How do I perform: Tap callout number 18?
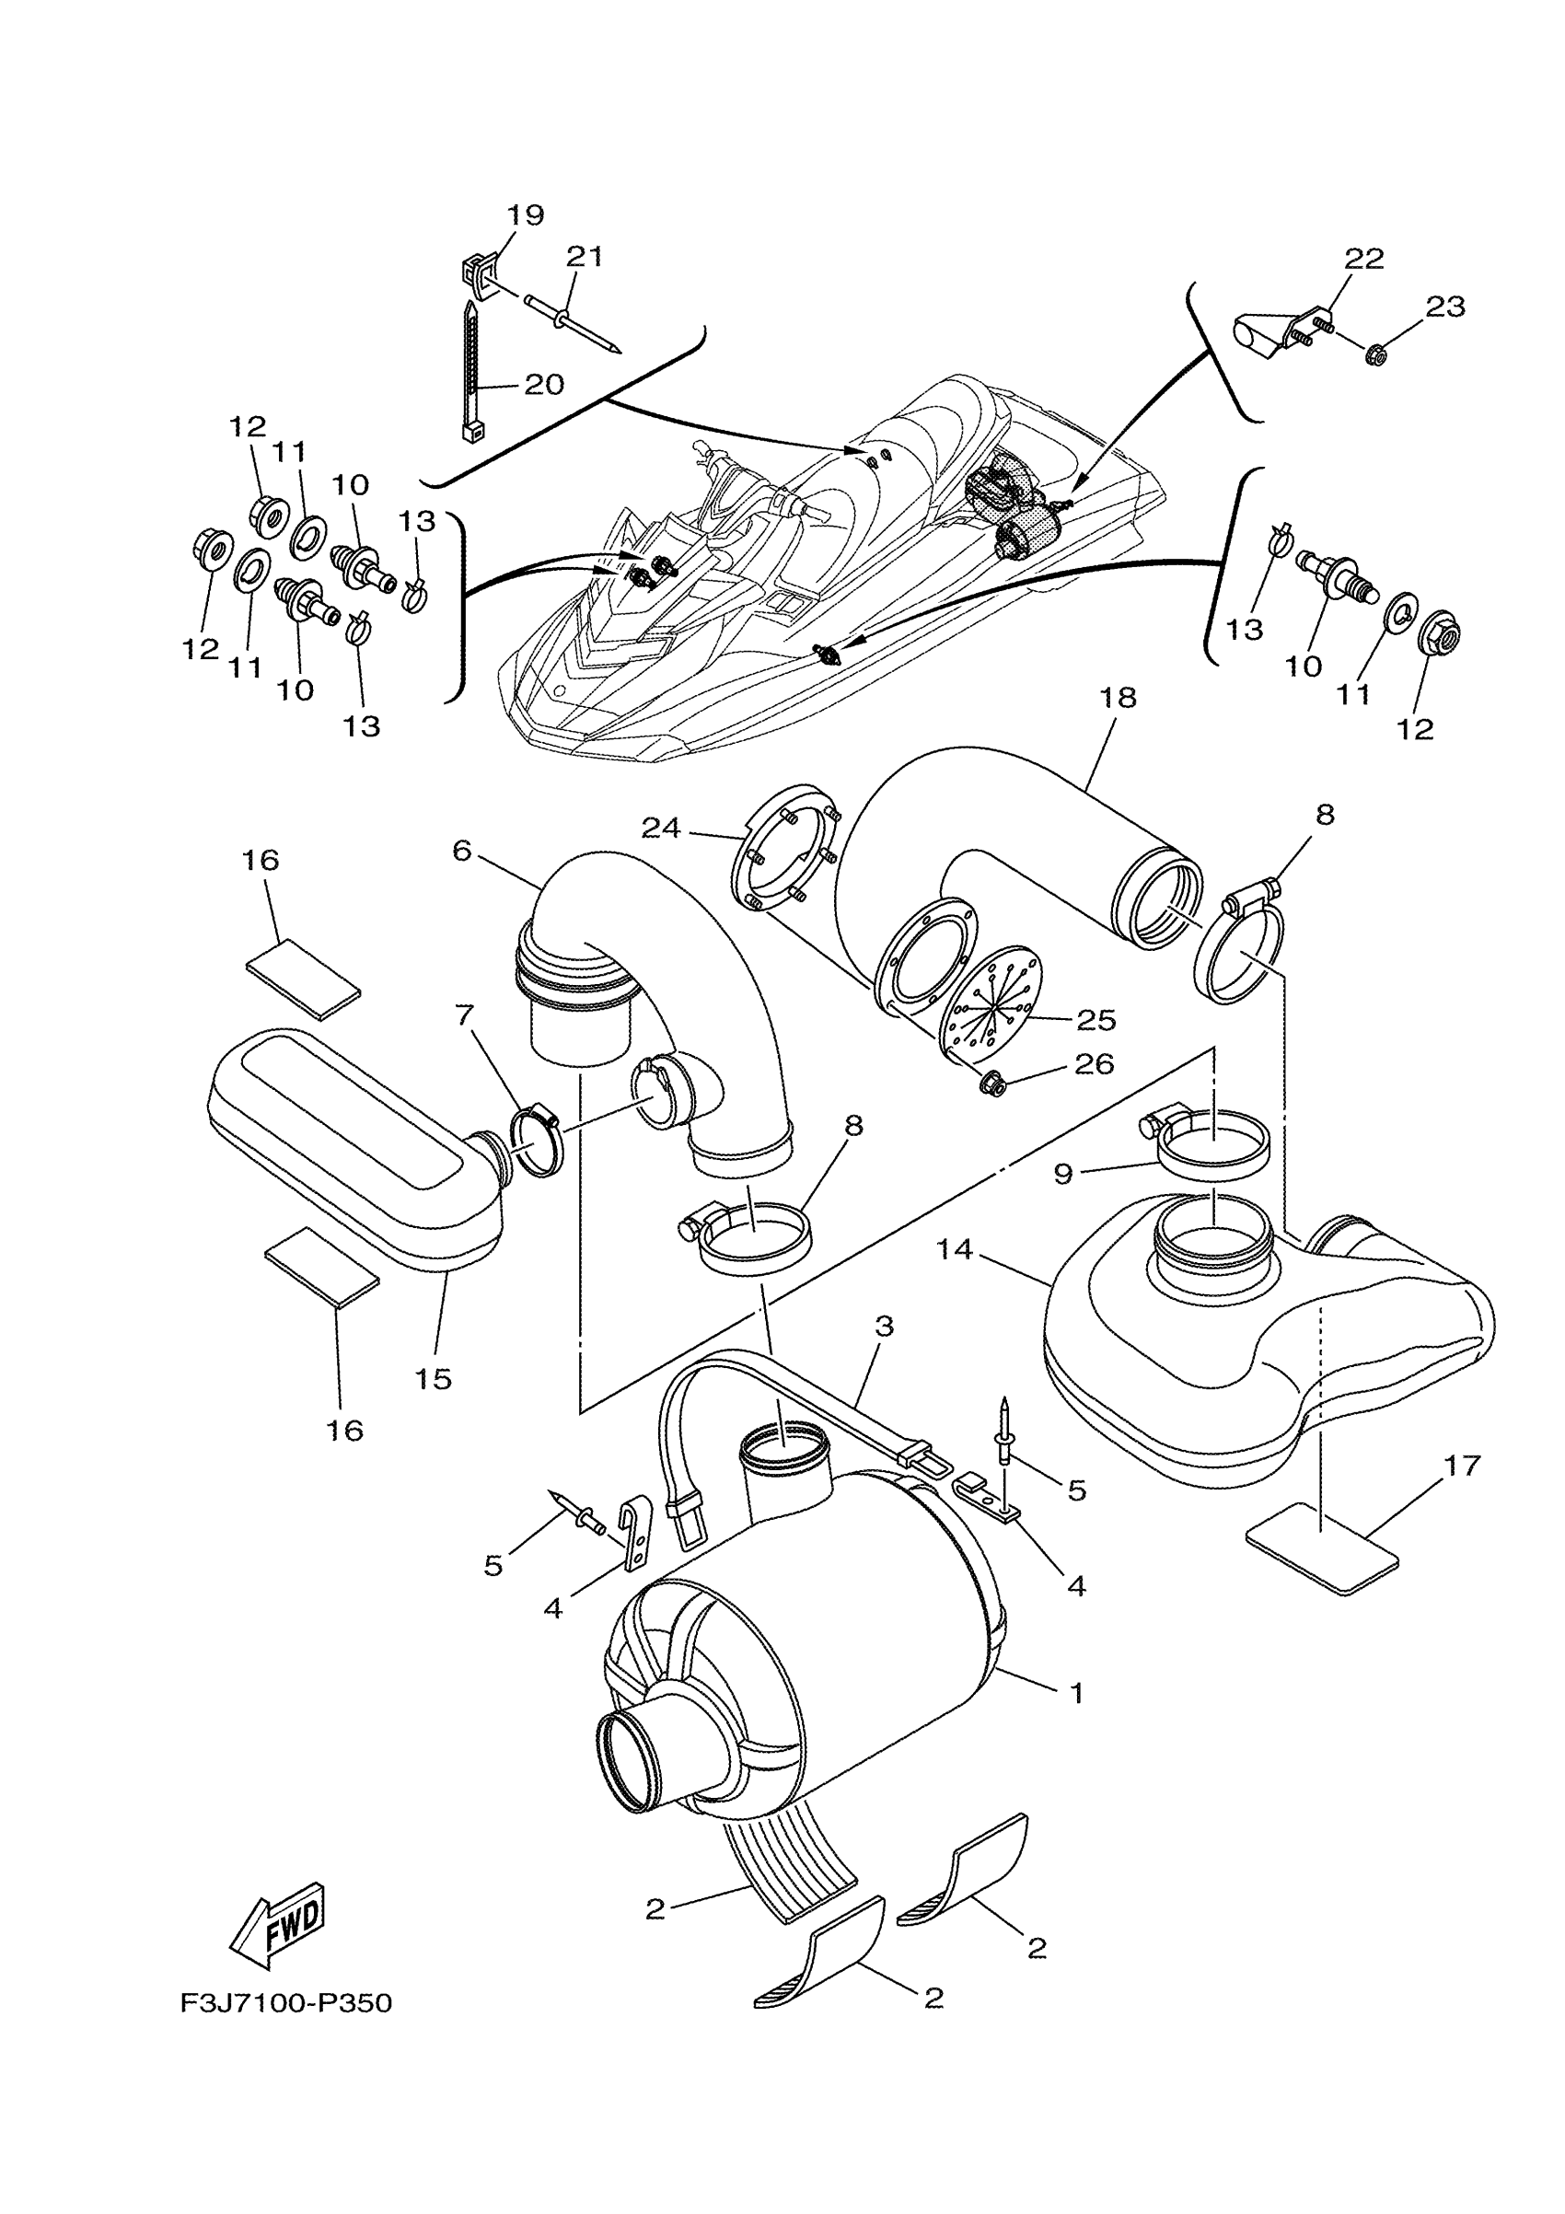pyautogui.click(x=1118, y=697)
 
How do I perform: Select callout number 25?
pyautogui.click(x=1095, y=1019)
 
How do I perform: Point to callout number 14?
pyautogui.click(x=955, y=1250)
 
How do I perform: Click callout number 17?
pyautogui.click(x=1462, y=1466)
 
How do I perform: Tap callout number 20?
pyautogui.click(x=544, y=385)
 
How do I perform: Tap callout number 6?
pyautogui.click(x=462, y=852)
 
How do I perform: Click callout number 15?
pyautogui.click(x=434, y=1378)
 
